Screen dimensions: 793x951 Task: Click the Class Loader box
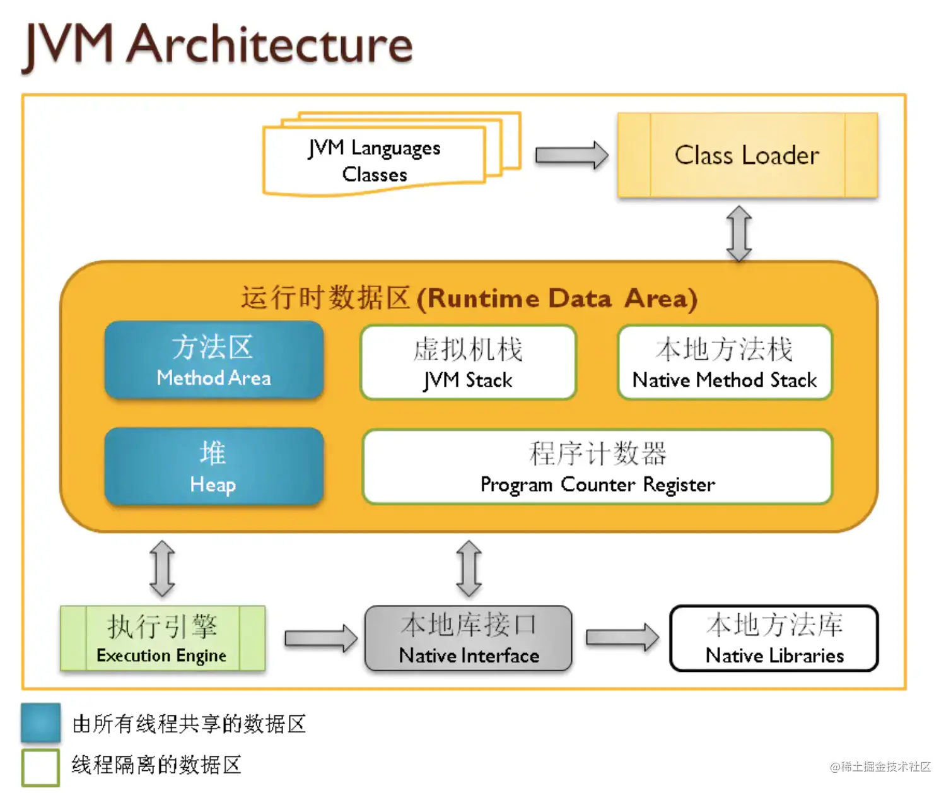pyautogui.click(x=747, y=155)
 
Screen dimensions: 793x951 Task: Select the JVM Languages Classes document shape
pyautogui.click(x=375, y=160)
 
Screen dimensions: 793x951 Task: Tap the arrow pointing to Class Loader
pyautogui.click(x=571, y=155)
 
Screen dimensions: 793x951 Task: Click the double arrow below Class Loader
pyautogui.click(x=739, y=233)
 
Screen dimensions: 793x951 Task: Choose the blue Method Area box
pyautogui.click(x=214, y=360)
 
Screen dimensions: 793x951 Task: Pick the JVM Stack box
pyautogui.click(x=468, y=363)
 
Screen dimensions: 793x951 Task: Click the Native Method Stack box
pyautogui.click(x=725, y=363)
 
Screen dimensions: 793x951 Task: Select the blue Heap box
pyautogui.click(x=214, y=467)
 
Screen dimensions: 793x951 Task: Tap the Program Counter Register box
pyautogui.click(x=597, y=467)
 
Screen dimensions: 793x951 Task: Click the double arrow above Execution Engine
pyautogui.click(x=162, y=568)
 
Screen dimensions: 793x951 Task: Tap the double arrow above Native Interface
pyautogui.click(x=469, y=568)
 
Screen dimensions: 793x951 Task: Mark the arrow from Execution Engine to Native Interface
pyautogui.click(x=320, y=638)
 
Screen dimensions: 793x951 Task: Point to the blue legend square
pyautogui.click(x=40, y=722)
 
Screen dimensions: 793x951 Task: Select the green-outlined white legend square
pyautogui.click(x=40, y=767)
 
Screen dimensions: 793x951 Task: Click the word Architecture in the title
pyautogui.click(x=270, y=45)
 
